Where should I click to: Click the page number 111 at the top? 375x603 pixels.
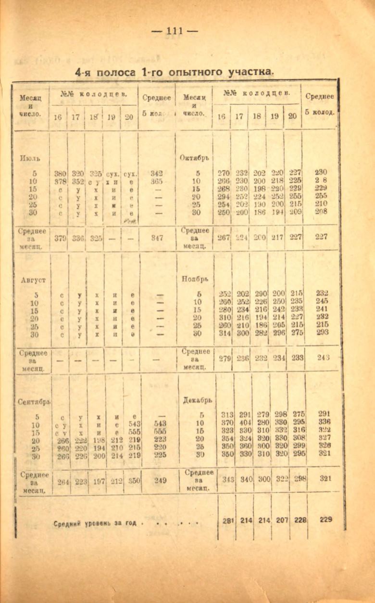click(175, 31)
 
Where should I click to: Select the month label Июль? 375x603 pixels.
click(30, 157)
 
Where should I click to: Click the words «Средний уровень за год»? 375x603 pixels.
click(99, 523)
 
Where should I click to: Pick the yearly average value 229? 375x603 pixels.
click(325, 520)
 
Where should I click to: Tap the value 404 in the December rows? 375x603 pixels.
click(245, 422)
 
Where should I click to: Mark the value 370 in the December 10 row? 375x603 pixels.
click(226, 422)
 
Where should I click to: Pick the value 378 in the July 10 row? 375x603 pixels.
click(60, 181)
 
